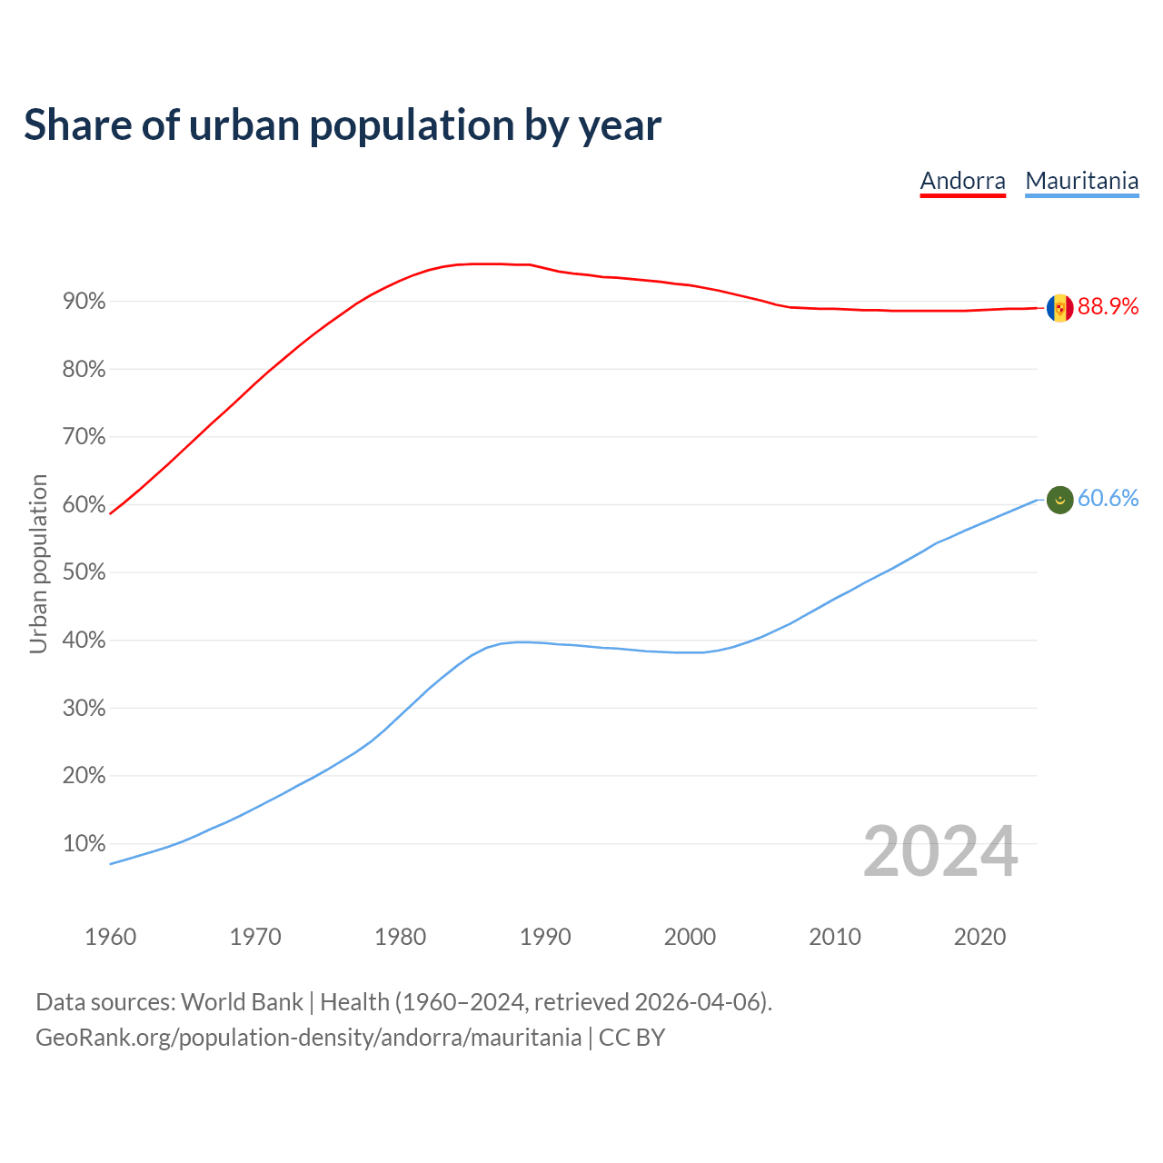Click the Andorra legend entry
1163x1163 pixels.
(962, 181)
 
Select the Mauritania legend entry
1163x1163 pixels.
(1081, 181)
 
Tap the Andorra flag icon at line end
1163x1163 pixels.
(1059, 308)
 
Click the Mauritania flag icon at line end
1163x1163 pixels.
(1059, 499)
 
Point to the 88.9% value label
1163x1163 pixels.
(1108, 307)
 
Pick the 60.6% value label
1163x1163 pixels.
(1108, 498)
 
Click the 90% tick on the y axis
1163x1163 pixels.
(84, 301)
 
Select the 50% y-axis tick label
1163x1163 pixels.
(84, 572)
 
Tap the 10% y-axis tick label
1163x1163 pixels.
(84, 843)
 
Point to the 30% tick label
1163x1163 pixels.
(84, 708)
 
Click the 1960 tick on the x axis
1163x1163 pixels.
(110, 937)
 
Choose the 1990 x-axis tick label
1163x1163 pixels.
(545, 937)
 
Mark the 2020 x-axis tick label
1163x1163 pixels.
(979, 937)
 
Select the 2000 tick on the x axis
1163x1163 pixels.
(690, 937)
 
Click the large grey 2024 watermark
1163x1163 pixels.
(939, 851)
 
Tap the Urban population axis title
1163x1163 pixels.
(38, 563)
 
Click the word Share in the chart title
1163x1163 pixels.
(76, 124)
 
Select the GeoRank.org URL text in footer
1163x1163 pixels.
(308, 1038)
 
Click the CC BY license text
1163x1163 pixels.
(631, 1038)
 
